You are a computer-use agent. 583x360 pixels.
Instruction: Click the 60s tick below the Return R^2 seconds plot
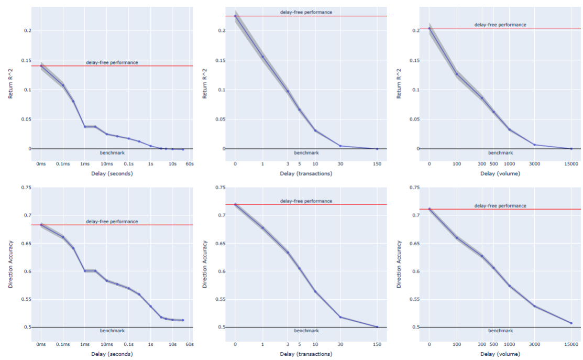190,165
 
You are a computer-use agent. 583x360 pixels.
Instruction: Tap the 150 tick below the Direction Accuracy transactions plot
377,344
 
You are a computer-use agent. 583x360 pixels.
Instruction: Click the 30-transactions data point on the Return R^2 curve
340,146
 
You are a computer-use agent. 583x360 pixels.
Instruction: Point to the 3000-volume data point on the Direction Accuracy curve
534,306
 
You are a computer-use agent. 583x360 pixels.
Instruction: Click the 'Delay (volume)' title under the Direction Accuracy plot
500,354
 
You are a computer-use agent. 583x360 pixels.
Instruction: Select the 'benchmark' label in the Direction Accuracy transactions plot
306,331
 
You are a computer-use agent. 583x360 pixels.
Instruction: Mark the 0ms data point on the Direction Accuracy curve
41,225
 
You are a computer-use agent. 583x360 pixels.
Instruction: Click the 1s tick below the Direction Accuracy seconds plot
150,344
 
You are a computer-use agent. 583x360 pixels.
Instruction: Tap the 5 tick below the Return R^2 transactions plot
300,165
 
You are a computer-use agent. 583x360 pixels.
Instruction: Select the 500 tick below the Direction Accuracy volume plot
493,344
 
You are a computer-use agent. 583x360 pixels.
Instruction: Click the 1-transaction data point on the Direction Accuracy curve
262,228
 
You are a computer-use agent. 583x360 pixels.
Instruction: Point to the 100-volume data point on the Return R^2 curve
456,74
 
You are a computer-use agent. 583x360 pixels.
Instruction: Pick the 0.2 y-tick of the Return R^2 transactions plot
222,31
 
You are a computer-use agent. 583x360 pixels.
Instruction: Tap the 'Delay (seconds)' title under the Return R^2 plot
112,173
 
